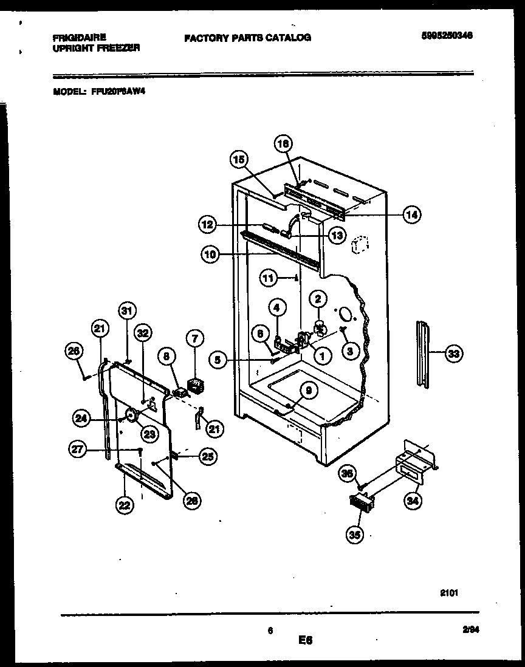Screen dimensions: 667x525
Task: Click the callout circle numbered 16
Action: pos(283,144)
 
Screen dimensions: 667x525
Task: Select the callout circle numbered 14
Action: pos(412,214)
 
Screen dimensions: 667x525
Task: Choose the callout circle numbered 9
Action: pos(308,392)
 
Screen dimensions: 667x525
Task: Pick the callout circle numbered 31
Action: pos(126,310)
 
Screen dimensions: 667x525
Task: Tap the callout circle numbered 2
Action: pos(318,298)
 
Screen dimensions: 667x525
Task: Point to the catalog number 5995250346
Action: pos(446,36)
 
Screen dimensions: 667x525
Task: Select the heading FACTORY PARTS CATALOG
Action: pos(247,38)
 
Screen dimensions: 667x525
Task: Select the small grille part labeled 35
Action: pos(362,502)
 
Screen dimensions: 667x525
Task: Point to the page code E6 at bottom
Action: pos(304,640)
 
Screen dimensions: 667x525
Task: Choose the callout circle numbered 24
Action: pos(81,418)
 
